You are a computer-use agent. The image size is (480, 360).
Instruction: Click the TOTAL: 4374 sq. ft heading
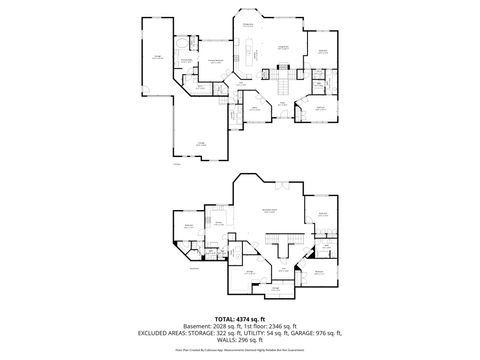(239, 318)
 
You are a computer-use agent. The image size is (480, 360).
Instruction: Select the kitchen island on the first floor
(250, 59)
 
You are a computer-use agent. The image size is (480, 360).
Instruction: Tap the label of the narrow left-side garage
(158, 58)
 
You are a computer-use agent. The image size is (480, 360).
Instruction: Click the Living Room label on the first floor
(283, 48)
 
